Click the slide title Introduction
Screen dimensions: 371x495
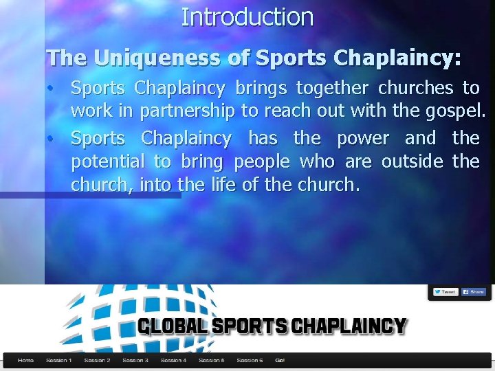click(247, 16)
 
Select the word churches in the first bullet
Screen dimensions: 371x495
click(416, 89)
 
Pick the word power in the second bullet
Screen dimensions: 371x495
click(363, 138)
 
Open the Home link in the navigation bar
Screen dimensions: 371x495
click(25, 360)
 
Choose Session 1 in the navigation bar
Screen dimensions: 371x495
click(58, 360)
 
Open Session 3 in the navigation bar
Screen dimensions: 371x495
click(135, 360)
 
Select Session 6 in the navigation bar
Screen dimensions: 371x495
click(249, 360)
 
